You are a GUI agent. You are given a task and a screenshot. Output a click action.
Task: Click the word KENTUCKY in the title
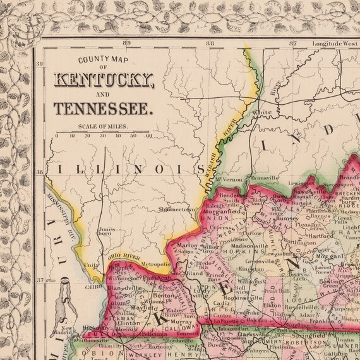(104, 80)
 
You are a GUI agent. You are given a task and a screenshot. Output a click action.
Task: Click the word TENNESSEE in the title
(104, 108)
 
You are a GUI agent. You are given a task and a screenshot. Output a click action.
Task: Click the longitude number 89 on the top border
(127, 43)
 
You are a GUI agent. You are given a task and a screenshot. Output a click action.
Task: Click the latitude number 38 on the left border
(39, 171)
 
